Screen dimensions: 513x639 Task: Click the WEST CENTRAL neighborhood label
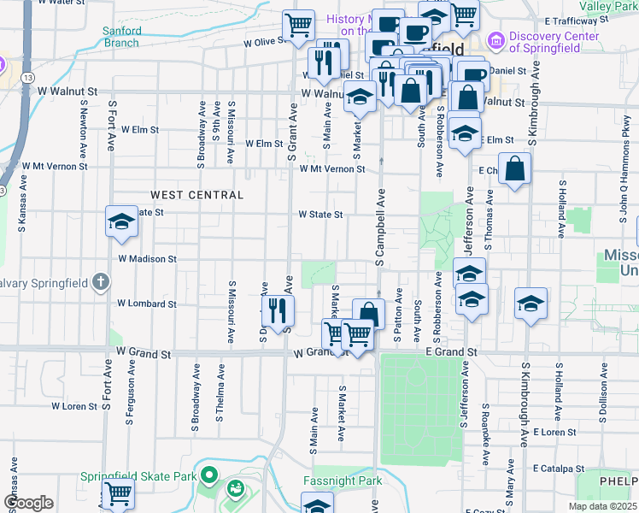197,195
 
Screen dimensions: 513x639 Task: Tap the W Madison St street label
147,258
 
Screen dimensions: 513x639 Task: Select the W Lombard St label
146,304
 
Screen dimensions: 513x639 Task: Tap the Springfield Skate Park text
135,476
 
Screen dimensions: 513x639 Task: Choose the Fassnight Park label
342,481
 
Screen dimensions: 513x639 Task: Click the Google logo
27,503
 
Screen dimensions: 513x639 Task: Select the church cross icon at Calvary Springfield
100,282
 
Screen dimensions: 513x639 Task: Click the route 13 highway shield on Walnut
29,77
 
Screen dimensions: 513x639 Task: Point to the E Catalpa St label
559,469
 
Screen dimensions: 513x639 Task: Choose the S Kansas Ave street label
21,206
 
